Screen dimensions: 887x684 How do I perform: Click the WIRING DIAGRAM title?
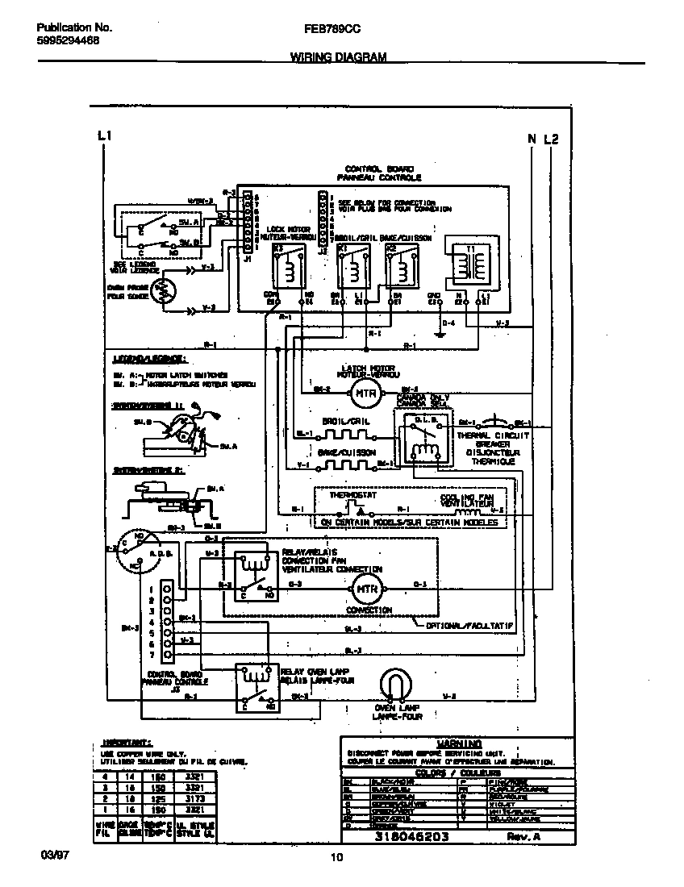[338, 57]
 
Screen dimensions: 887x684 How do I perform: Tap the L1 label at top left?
[103, 137]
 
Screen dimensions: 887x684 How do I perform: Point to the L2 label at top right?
[552, 139]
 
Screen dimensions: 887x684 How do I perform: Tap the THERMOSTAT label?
[348, 497]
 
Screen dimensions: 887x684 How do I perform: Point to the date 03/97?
[50, 853]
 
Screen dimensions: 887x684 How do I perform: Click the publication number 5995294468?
[69, 40]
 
